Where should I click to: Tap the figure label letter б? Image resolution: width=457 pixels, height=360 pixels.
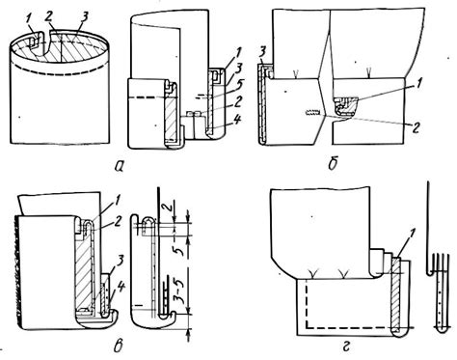tap(333, 163)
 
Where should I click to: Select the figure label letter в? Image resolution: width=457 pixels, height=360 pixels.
tap(118, 345)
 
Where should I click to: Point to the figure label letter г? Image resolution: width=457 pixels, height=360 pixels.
tap(346, 346)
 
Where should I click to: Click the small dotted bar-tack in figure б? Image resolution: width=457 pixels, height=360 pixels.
tap(312, 112)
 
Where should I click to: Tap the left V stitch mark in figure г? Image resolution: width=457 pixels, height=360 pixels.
tap(311, 274)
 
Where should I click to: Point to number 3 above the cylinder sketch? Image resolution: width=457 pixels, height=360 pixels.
tap(84, 18)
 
